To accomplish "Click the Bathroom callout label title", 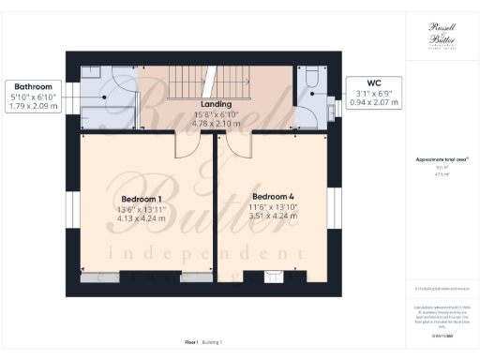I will [x=31, y=84].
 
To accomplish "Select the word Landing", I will [x=217, y=104].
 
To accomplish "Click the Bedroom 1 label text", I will [x=142, y=199].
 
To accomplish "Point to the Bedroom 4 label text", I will [x=273, y=196].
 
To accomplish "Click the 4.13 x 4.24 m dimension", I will [x=142, y=218].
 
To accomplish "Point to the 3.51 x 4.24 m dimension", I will [x=273, y=216].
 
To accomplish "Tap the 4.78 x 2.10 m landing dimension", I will [x=217, y=123].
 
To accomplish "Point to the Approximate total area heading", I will [x=441, y=161].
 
